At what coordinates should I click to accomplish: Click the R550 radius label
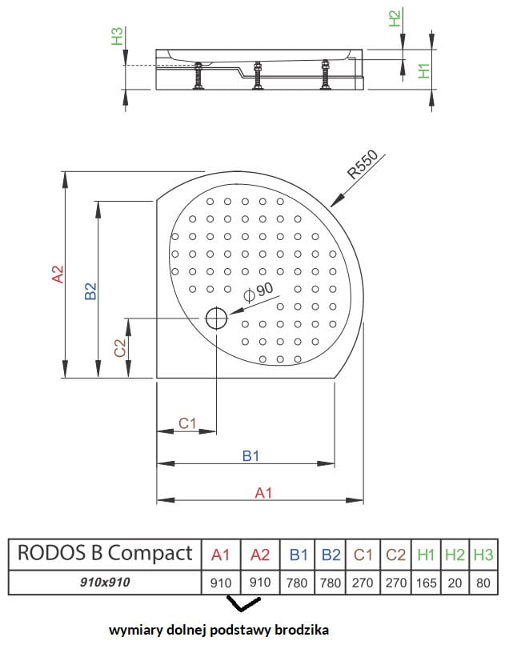point(363,165)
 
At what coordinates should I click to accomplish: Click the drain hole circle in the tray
point(217,319)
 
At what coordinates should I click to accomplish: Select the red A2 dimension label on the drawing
point(58,274)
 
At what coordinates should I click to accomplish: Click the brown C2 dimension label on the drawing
point(120,347)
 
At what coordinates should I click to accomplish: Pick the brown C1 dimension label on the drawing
point(186,423)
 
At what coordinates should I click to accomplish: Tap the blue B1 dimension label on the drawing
point(250,455)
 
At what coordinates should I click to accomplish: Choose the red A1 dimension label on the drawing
point(263,493)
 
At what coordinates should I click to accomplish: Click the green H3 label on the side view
point(117,36)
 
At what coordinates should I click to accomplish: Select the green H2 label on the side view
point(394,18)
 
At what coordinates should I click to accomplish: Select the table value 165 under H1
point(426,582)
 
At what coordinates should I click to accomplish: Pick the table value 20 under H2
point(455,582)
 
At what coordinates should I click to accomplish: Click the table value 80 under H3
point(483,582)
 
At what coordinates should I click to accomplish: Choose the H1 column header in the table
point(426,553)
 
